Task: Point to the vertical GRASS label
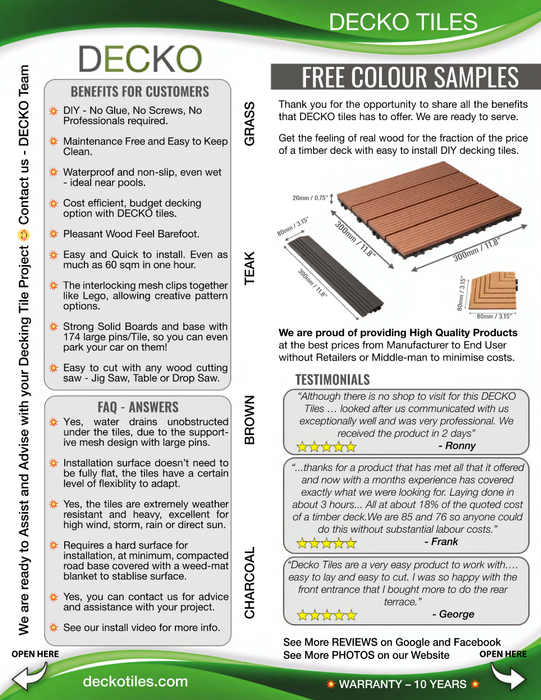pyautogui.click(x=250, y=126)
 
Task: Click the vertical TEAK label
pyautogui.click(x=250, y=269)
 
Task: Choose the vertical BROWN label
pyautogui.click(x=250, y=420)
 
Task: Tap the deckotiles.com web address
pyautogui.click(x=138, y=681)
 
